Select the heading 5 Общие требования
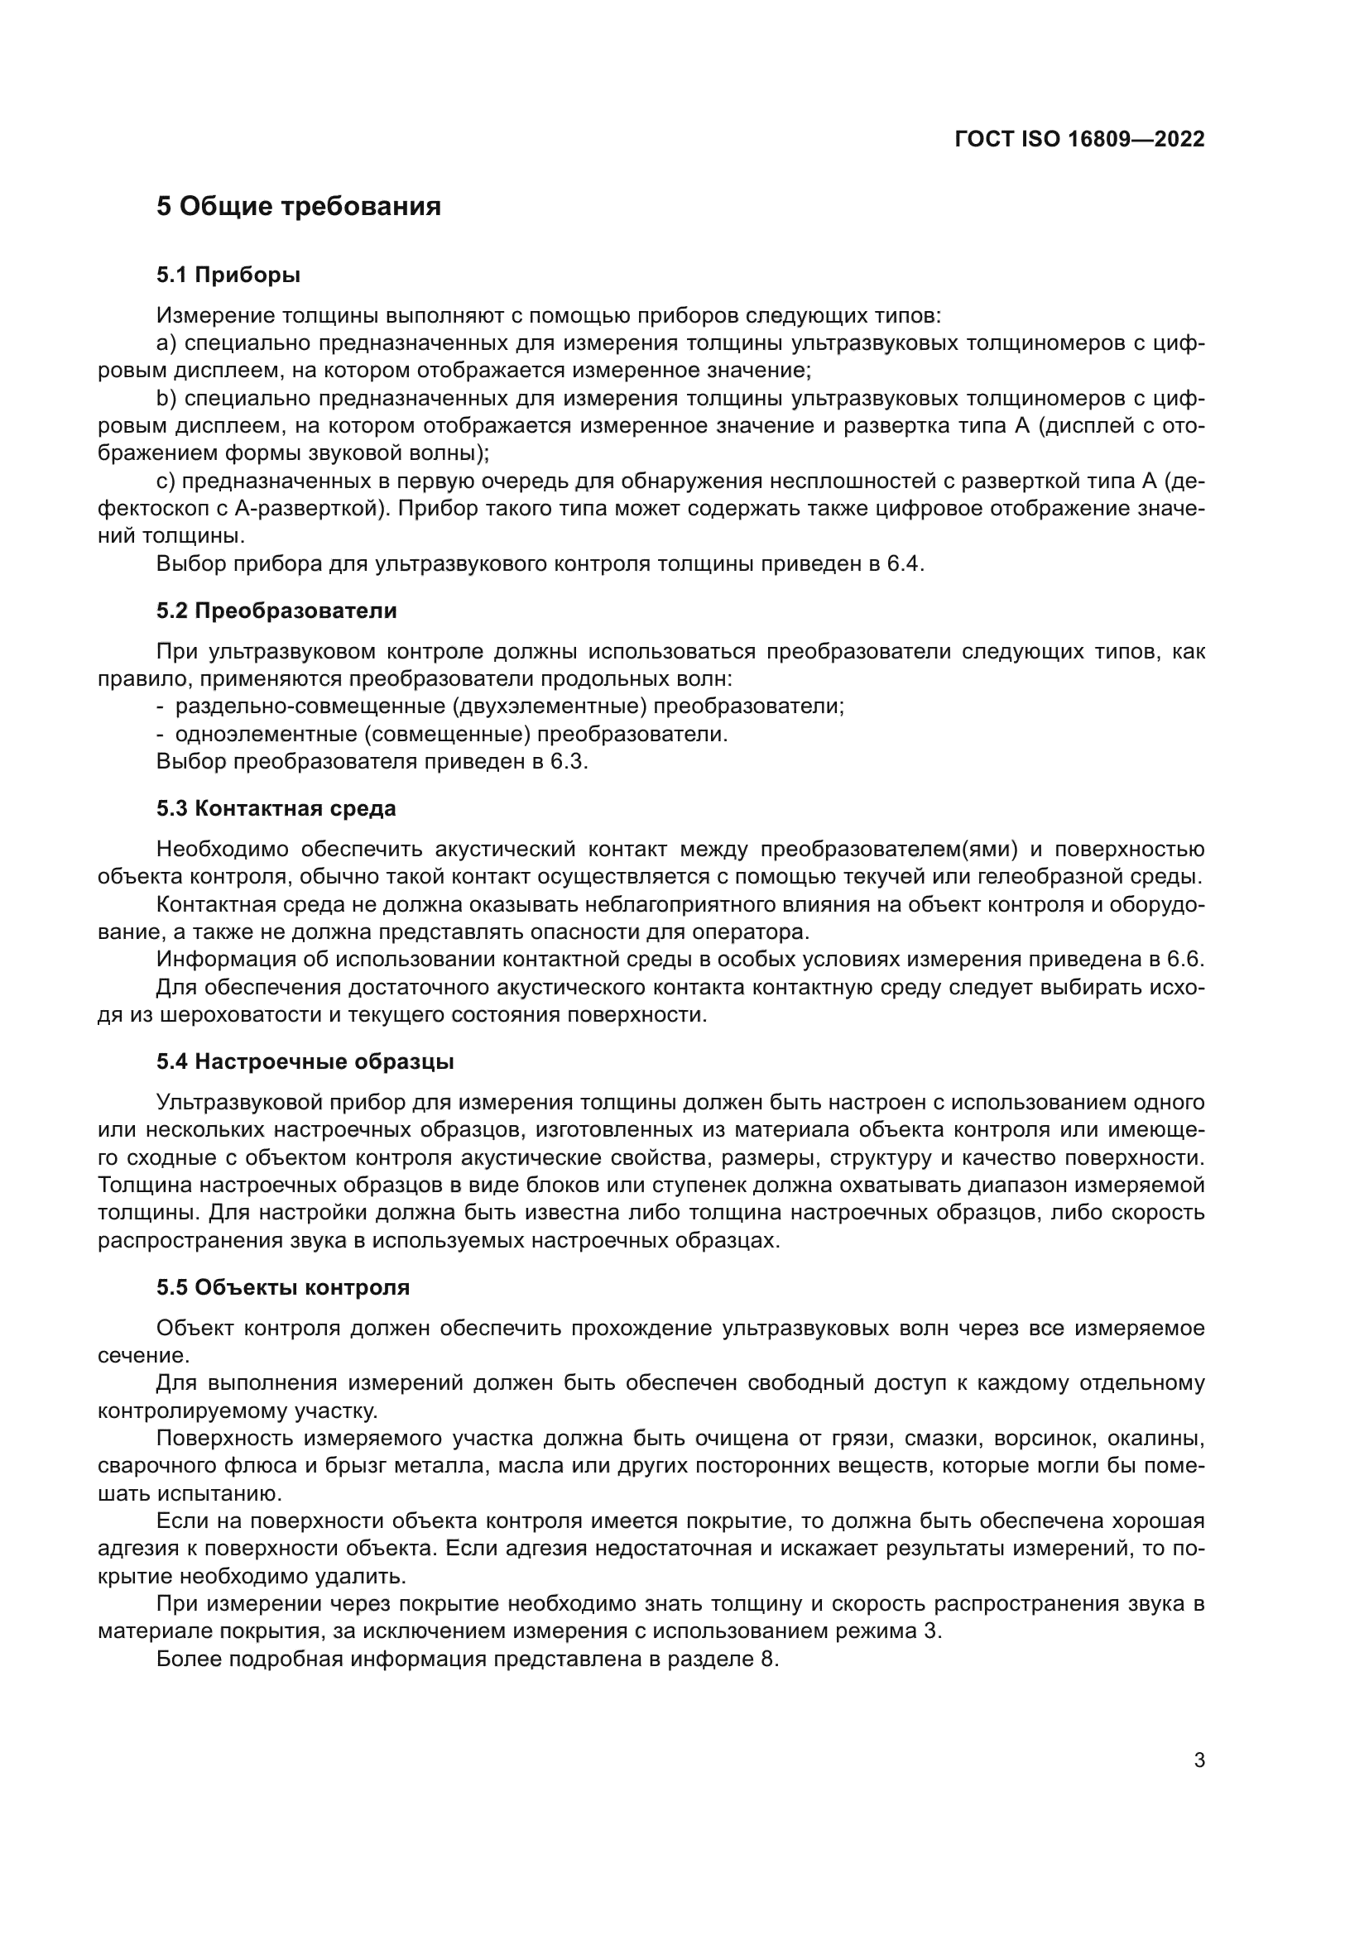tap(299, 207)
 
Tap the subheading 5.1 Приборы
tap(228, 275)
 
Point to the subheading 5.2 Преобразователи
tap(276, 611)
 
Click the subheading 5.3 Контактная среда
tap(276, 808)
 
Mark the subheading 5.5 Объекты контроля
tap(282, 1287)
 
